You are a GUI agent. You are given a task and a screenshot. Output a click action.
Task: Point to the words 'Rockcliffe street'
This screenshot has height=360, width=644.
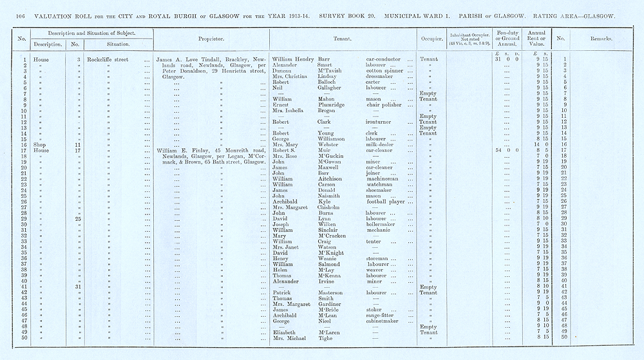click(x=108, y=59)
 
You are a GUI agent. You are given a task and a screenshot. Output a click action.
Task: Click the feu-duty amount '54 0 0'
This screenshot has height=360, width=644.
click(x=507, y=150)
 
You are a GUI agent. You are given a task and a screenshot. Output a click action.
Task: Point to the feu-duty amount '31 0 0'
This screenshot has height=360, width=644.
click(x=507, y=59)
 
